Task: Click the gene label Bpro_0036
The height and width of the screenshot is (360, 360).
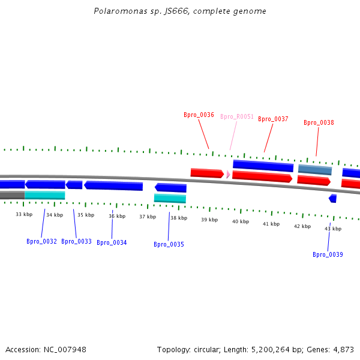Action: point(199,115)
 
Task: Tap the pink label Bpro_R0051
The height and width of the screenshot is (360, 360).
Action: point(237,116)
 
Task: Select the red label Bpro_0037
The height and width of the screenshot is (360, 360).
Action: point(273,119)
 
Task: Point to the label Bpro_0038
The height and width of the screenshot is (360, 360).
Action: point(319,122)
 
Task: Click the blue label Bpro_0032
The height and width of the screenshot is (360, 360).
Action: point(41,241)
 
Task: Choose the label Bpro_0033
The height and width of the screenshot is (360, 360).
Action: point(76,241)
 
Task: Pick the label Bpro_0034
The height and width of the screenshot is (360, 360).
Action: point(112,242)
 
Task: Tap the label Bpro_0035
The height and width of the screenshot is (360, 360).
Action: point(169,244)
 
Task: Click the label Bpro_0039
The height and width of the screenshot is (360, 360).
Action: point(328,254)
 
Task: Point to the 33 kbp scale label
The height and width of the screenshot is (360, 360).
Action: point(24,214)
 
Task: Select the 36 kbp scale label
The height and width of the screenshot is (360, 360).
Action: point(117,216)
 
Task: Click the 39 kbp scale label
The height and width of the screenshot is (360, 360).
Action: point(209,220)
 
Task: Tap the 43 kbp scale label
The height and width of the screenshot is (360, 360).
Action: point(333,229)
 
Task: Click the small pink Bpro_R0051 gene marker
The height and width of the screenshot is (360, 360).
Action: point(228,174)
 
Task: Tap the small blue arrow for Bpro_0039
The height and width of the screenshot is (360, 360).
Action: point(333,198)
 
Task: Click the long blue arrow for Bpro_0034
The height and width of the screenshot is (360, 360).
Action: point(113,185)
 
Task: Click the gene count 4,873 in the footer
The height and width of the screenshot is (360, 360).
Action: point(344,349)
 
